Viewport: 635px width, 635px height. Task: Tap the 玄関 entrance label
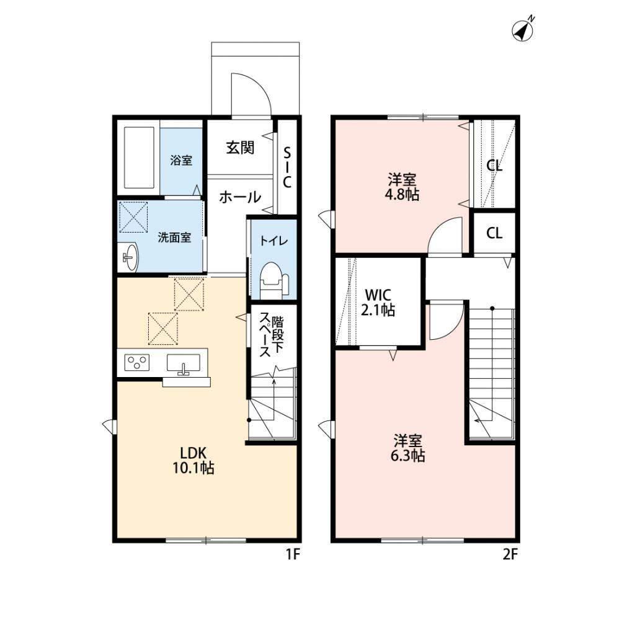(240, 148)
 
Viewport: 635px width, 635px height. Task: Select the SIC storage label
(287, 167)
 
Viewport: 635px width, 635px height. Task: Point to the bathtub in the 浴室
(139, 158)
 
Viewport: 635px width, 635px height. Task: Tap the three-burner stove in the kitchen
(137, 362)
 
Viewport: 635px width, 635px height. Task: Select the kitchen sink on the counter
(184, 363)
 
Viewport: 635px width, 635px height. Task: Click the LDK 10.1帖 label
(193, 461)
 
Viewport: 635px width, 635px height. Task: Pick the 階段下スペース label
(272, 334)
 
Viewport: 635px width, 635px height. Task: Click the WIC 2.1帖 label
(378, 302)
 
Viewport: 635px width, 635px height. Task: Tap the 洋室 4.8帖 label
(401, 187)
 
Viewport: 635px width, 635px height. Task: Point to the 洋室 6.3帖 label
(407, 448)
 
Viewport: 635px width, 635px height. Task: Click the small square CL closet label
(494, 233)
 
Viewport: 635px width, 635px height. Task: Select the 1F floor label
(293, 554)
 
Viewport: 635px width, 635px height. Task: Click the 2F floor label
(510, 554)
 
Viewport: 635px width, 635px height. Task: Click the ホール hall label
(240, 197)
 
